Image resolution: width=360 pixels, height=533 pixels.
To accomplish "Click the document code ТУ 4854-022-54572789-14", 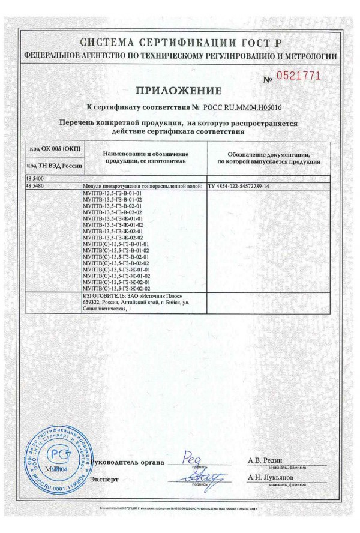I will [238, 187].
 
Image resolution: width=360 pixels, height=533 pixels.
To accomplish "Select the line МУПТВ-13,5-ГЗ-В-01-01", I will [110, 194].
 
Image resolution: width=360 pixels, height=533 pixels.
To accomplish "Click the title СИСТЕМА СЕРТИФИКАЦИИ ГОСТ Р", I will [180, 43].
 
